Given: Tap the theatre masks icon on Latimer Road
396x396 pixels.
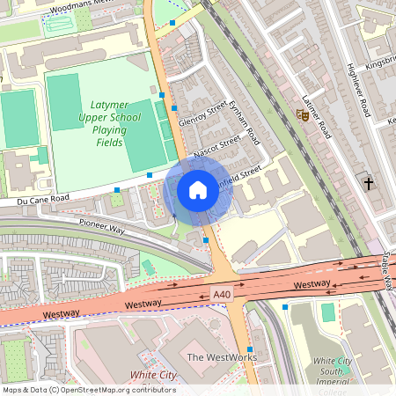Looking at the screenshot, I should click(x=303, y=115).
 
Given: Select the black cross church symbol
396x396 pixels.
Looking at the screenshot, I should click(x=368, y=183).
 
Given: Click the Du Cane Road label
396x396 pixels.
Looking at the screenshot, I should click(x=42, y=200).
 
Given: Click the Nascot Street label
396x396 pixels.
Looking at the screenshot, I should click(x=217, y=143).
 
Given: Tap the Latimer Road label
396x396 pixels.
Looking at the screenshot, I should click(x=314, y=117).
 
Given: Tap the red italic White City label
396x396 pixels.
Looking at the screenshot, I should click(x=153, y=376).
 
